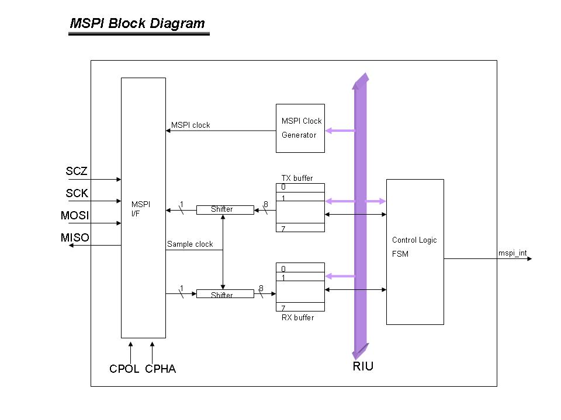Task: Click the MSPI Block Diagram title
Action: (x=137, y=24)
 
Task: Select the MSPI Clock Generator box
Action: (x=300, y=128)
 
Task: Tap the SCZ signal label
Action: (x=77, y=171)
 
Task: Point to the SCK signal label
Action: (x=77, y=194)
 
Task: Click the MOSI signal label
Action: (x=75, y=216)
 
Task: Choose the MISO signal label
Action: (x=75, y=237)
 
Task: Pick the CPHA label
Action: (x=161, y=369)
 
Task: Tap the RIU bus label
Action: (x=363, y=367)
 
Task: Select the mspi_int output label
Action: (x=512, y=254)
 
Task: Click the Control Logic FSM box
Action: (x=415, y=251)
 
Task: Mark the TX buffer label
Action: (x=297, y=178)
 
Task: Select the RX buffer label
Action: (x=297, y=318)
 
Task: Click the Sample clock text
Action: (x=190, y=244)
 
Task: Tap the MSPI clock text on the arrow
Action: (x=191, y=125)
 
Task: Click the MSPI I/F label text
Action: (x=141, y=208)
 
